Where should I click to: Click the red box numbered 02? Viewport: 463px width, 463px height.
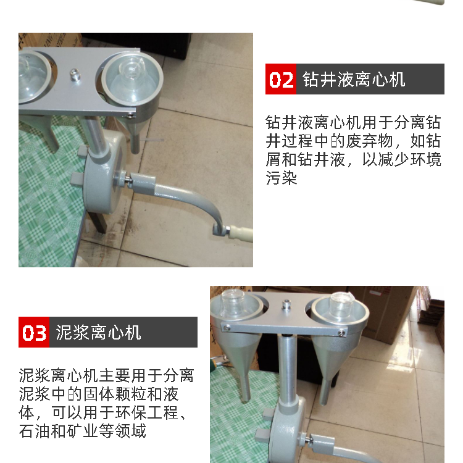(x=280, y=79)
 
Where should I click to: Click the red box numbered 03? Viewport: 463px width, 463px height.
(x=34, y=332)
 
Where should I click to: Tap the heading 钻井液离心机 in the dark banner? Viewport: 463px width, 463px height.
(x=354, y=80)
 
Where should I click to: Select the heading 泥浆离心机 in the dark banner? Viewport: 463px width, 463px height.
(x=98, y=333)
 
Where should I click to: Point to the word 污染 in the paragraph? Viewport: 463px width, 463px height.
(x=281, y=178)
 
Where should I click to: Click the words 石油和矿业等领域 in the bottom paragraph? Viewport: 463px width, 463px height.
(x=82, y=431)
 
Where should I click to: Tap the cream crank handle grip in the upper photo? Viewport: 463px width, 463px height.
(x=241, y=233)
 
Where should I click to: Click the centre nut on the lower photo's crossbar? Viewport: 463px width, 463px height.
(x=286, y=304)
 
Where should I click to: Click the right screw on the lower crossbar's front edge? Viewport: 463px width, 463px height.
(x=341, y=333)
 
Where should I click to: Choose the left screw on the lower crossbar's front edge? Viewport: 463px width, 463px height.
(x=227, y=328)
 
